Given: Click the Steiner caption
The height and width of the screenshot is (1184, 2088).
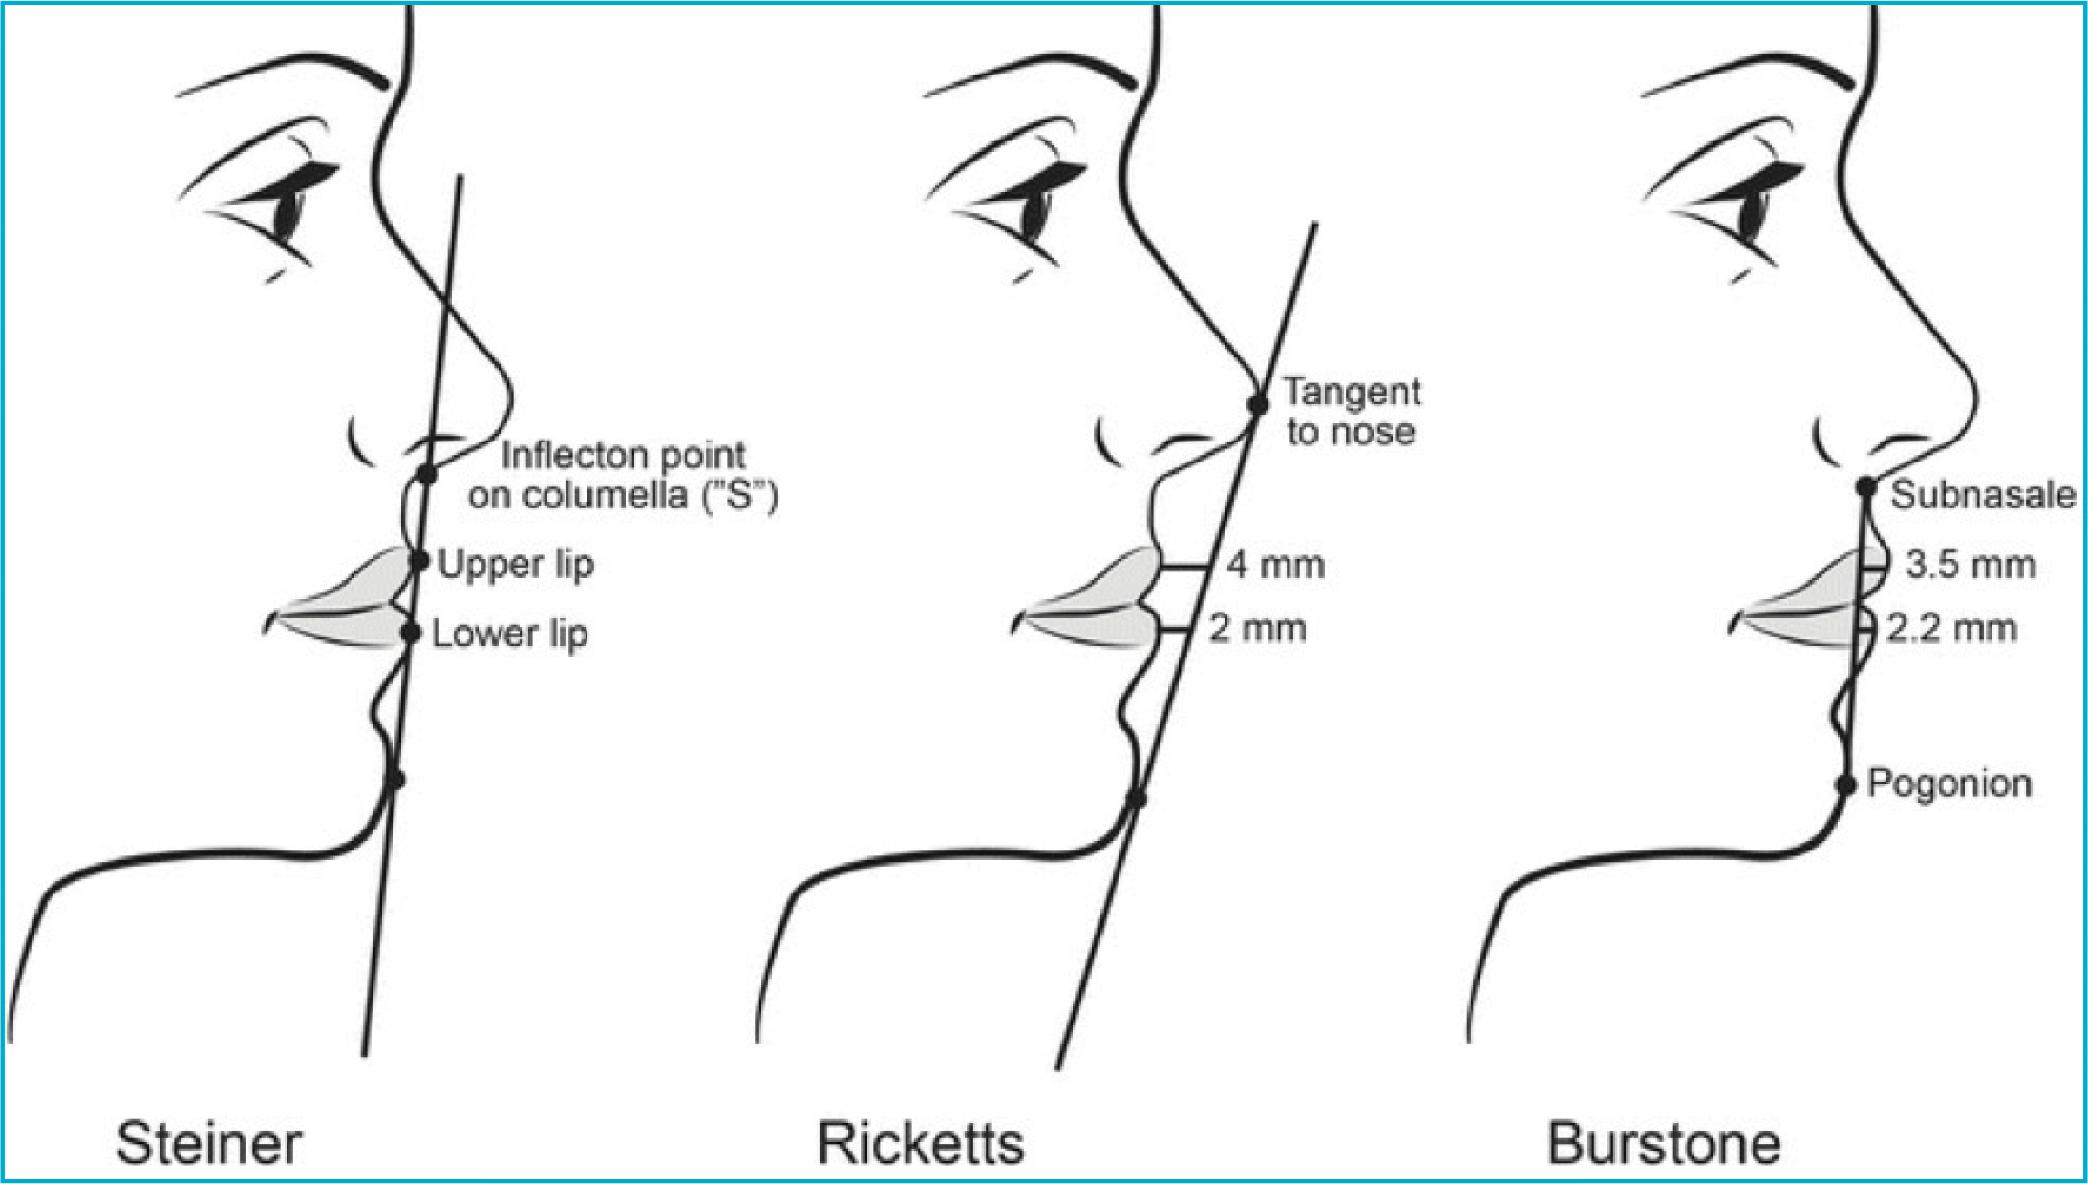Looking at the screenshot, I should (x=208, y=1143).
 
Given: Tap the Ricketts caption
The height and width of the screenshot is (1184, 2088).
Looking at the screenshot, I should (x=921, y=1143).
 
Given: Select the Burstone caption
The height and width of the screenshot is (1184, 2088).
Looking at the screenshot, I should (x=1664, y=1143).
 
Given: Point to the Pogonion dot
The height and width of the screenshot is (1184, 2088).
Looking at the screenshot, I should (x=1846, y=786).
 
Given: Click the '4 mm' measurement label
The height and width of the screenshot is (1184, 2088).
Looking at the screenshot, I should (x=1276, y=565).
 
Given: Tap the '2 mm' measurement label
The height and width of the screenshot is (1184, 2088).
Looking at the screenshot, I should (x=1258, y=629).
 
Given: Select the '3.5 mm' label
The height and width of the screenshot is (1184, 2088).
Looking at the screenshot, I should (x=1971, y=565).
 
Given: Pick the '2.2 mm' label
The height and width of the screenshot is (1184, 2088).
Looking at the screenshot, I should (x=1951, y=629).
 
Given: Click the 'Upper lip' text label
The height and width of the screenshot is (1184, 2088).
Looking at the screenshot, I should (x=516, y=564).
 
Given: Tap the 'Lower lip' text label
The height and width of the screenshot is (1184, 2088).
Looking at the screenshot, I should (x=509, y=634).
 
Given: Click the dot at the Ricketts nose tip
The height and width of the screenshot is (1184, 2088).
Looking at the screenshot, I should (x=1259, y=404).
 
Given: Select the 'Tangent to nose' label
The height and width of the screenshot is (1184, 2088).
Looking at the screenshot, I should (x=1351, y=412).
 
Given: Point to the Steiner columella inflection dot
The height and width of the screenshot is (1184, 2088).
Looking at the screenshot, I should (x=427, y=474).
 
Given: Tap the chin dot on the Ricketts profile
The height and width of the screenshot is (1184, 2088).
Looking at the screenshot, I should (x=1136, y=798).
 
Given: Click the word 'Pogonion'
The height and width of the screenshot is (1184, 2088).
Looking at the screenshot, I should (x=1949, y=784).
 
